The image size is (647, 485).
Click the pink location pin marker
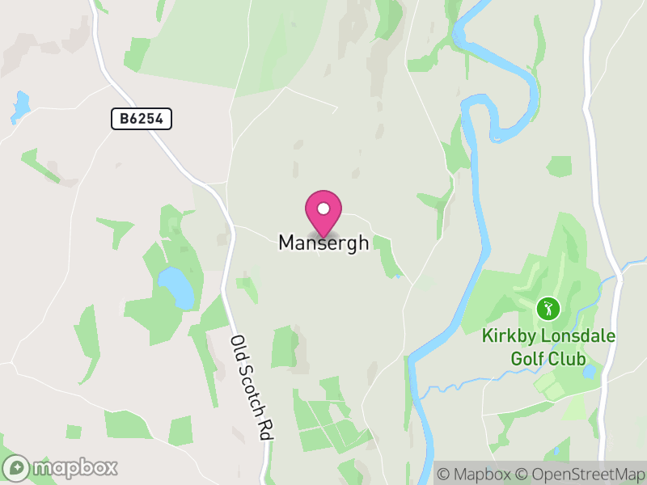pos(323,213)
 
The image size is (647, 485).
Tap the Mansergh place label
pos(323,242)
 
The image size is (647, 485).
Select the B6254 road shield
pos(142,120)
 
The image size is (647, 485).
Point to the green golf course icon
pos(548,308)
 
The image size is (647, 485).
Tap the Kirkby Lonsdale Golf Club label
pos(548,347)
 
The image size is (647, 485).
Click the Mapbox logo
pos(61,467)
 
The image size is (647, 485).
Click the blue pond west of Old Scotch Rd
pos(176,287)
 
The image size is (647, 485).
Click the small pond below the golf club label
pos(590,372)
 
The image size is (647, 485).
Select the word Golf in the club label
pos(526,357)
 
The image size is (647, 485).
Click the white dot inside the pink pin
pos(323,208)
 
